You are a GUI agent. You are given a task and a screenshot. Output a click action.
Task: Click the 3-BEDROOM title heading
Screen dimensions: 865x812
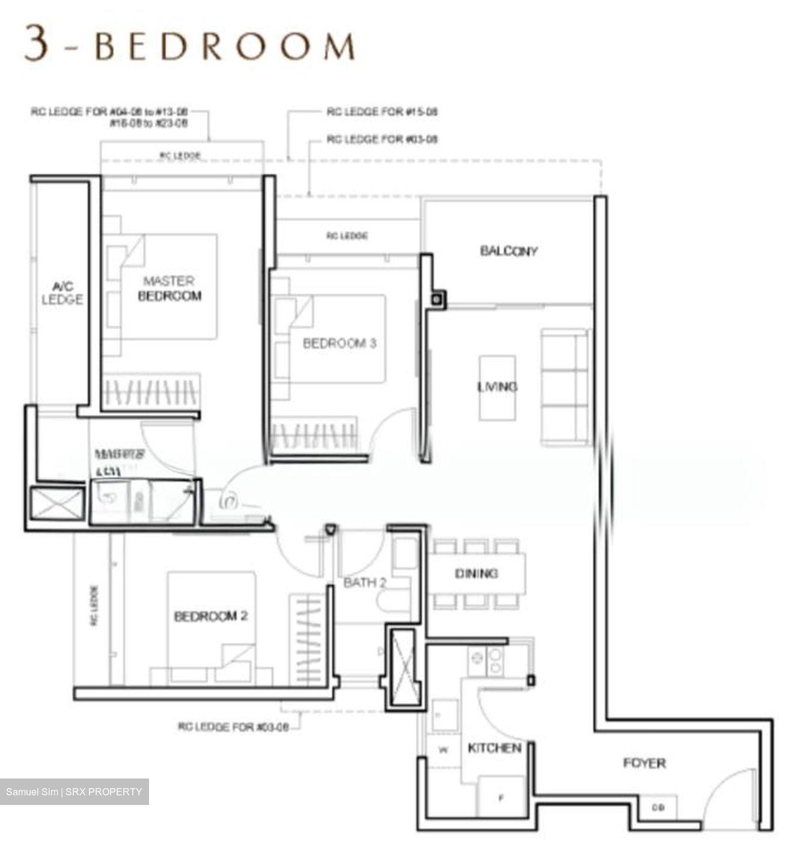coord(189,45)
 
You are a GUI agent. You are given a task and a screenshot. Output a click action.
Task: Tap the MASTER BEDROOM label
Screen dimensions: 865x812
coord(169,288)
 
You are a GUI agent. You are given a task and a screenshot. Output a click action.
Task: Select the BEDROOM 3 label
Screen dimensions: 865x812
coord(340,344)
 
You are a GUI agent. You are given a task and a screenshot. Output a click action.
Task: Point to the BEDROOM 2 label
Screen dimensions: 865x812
coord(210,616)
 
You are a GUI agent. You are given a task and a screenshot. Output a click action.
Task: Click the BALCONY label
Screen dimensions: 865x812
coord(508,251)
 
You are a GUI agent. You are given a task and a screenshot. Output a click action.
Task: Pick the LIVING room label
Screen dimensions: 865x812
coord(497,387)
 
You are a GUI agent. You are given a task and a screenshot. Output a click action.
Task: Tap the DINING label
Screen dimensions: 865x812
coord(476,574)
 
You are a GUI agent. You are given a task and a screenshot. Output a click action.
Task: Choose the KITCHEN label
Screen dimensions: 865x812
coord(494,748)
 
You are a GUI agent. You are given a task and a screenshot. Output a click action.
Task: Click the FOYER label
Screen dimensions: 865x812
coord(644,763)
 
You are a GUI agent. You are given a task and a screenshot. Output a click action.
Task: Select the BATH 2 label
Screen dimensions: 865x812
coord(364,583)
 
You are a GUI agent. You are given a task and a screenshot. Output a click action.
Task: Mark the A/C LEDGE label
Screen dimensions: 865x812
coord(63,293)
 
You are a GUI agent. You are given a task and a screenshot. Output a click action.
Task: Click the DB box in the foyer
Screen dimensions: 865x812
coord(658,808)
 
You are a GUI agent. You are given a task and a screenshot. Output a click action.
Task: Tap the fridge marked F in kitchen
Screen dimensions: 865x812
coord(501,797)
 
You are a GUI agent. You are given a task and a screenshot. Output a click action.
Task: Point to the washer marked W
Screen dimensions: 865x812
coord(444,750)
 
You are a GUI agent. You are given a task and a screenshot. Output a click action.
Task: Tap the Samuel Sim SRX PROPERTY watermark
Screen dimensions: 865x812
coord(74,792)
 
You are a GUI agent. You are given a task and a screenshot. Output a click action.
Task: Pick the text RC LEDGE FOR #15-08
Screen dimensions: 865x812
coord(382,112)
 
